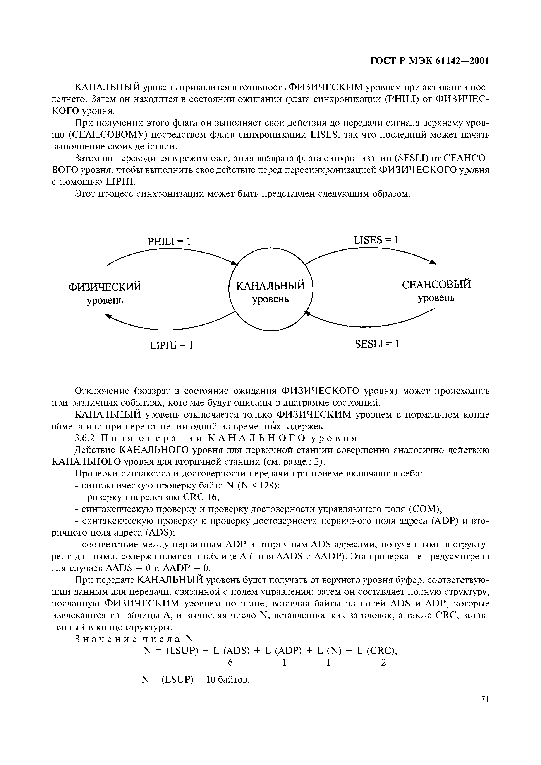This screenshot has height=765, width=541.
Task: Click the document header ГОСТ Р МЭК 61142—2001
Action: click(x=430, y=61)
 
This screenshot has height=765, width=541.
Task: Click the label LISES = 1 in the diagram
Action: click(x=376, y=240)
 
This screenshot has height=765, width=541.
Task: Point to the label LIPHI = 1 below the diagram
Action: click(x=172, y=345)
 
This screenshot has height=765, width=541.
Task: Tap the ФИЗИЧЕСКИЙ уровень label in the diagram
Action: click(x=105, y=293)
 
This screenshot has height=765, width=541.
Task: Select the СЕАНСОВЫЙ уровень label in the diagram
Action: click(x=436, y=290)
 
